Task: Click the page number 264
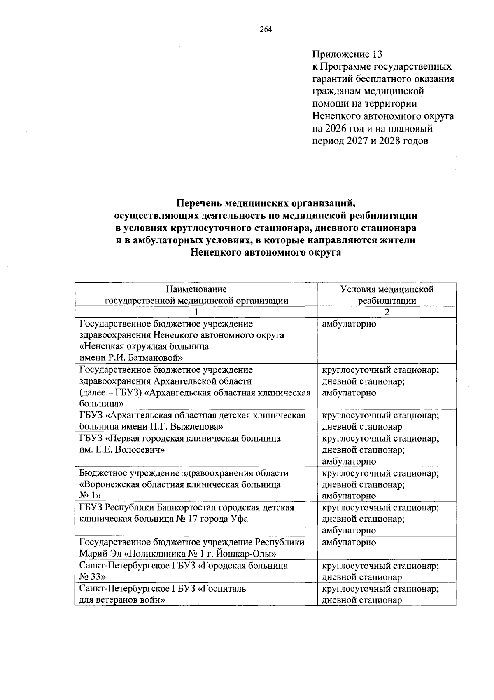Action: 266,29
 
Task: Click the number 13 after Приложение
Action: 377,54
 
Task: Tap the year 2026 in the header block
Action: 339,129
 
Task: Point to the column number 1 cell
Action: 196,312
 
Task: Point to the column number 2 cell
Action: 387,312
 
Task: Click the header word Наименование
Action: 196,289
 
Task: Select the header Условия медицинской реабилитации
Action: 387,295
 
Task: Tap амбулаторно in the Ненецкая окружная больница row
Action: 349,324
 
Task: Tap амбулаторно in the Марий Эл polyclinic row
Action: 349,542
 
